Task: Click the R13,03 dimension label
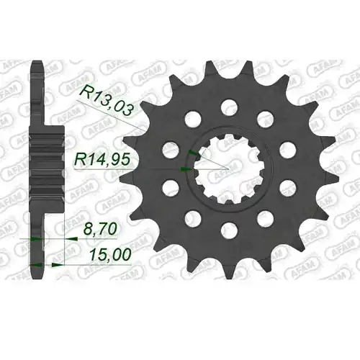tap(106, 101)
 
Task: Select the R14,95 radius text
tap(102, 160)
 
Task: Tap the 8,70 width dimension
tap(100, 229)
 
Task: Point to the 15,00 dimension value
tap(111, 255)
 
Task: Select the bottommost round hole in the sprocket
tap(230, 230)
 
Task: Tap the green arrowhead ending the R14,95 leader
tap(186, 169)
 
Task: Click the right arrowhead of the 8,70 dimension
tap(72, 239)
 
